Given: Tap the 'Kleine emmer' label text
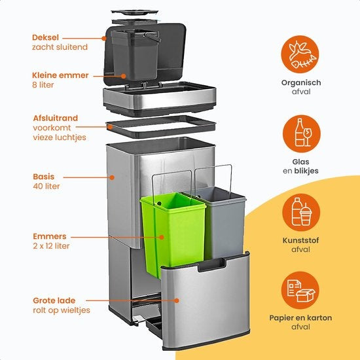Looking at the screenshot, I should click(x=60, y=75).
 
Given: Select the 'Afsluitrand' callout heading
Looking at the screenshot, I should click(x=55, y=118).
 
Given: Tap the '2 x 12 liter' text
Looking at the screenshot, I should click(x=51, y=246).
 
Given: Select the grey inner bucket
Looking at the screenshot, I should click(x=223, y=223).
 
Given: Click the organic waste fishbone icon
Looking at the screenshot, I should click(x=301, y=54).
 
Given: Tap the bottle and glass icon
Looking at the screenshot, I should click(x=301, y=133).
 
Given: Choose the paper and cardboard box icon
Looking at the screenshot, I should click(x=301, y=289).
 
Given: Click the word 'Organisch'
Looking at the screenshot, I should click(x=301, y=82).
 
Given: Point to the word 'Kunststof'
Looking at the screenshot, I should click(x=301, y=240).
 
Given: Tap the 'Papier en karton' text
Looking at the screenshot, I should click(x=302, y=318).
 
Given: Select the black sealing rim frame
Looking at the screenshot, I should click(x=160, y=126).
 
